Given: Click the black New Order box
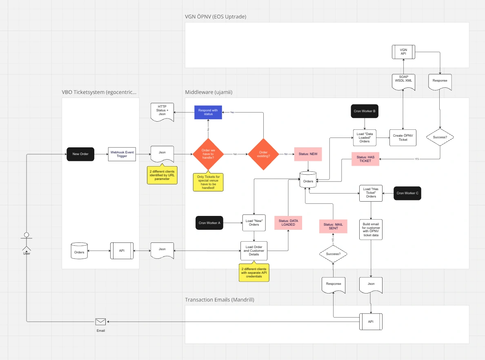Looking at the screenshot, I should (x=81, y=154).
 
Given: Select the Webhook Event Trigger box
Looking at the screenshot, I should (x=122, y=154).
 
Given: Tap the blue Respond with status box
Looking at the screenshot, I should (x=208, y=112).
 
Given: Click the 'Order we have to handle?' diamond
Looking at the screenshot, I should (x=208, y=154).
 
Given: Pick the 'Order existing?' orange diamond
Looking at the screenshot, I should (x=263, y=154).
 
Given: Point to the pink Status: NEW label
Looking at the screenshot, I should (x=308, y=154).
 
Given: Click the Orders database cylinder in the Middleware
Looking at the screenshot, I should (x=308, y=180).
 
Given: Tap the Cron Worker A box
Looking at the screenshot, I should (x=209, y=223).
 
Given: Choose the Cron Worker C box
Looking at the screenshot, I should (x=407, y=193).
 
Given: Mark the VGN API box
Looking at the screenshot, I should (x=403, y=52).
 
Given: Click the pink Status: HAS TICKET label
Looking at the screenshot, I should (x=365, y=159).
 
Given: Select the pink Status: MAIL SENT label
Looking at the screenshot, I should (x=334, y=226).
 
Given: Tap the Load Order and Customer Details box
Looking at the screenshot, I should (x=254, y=250).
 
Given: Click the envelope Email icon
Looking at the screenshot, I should (x=100, y=322).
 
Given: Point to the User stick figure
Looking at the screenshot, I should (x=27, y=243).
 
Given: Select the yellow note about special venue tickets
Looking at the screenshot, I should (x=208, y=182).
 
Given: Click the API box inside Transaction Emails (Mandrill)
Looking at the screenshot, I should (x=371, y=322).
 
